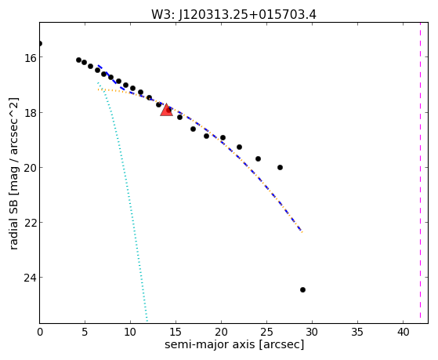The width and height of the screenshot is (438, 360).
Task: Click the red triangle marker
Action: [166, 110]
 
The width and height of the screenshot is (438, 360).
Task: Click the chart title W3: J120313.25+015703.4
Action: [233, 15]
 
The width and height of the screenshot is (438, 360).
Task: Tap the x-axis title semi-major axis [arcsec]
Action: [234, 344]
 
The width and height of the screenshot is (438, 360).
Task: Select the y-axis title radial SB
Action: [13, 223]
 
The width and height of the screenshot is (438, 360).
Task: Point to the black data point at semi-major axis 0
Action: [40, 43]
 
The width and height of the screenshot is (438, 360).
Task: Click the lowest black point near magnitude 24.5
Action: [302, 289]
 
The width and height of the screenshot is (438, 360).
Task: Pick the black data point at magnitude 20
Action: [280, 167]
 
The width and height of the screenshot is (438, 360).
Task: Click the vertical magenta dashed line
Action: [420, 173]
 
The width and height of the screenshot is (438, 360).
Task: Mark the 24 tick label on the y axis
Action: [30, 277]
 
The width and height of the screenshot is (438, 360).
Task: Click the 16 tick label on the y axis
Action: [30, 57]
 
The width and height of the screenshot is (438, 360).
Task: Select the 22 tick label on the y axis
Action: [30, 223]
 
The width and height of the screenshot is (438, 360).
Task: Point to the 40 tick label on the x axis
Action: [403, 332]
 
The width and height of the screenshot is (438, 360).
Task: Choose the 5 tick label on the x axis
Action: [85, 332]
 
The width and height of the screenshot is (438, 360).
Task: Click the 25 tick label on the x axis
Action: [266, 332]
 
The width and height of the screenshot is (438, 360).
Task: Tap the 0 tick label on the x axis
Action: [40, 332]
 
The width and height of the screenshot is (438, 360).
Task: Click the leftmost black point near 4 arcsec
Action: [78, 60]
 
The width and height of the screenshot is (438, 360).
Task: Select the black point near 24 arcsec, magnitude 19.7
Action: [258, 158]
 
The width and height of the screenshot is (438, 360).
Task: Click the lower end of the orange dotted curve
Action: [302, 232]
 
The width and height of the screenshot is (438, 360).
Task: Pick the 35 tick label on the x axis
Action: [357, 332]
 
